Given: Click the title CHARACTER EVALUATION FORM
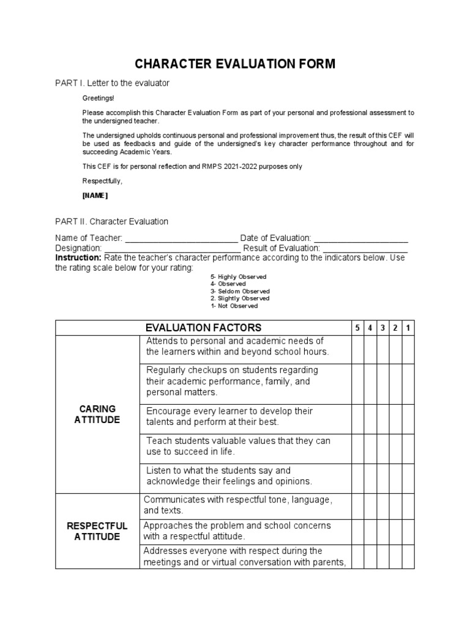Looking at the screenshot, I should coord(235,64).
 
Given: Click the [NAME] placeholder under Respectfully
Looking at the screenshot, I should coord(95,196).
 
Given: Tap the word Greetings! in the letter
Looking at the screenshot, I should coord(98,98).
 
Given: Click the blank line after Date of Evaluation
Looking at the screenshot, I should coord(360,238).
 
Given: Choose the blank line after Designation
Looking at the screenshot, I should coord(172,248).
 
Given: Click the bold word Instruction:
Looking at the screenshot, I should coord(79,258).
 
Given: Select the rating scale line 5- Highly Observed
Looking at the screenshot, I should coord(238,277).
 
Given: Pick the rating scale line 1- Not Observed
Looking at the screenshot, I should coord(234,306).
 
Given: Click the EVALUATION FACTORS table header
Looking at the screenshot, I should coord(203,328).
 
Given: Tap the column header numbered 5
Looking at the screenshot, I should coord(357,328).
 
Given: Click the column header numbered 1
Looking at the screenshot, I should coord(408,328).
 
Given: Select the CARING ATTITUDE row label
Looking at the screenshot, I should coord(97,414).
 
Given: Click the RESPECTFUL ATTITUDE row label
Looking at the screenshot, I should coord(97,531).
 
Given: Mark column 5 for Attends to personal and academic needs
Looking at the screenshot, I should coord(357,348).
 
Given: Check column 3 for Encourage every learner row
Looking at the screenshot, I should coord(383,416).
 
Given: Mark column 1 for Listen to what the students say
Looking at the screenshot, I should coord(408,476).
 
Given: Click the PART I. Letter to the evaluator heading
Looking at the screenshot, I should coord(112,83).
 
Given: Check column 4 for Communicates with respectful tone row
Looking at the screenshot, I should coord(370,505).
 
